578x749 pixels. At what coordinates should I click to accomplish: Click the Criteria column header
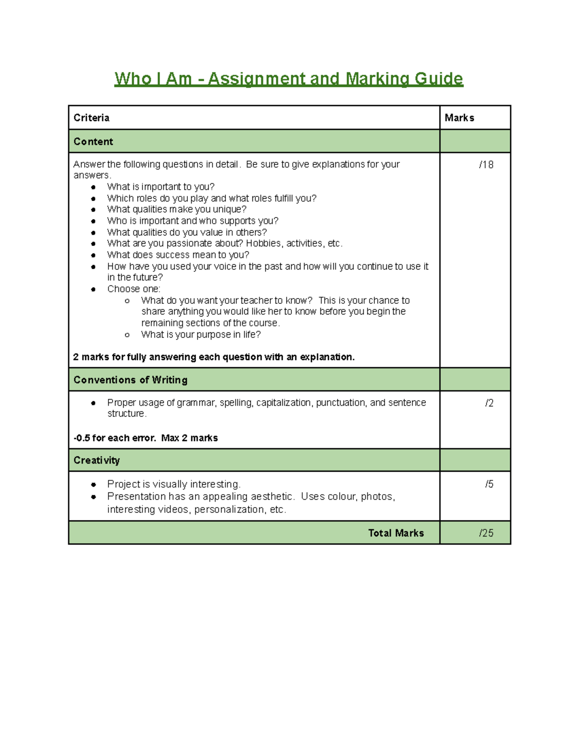[x=92, y=118]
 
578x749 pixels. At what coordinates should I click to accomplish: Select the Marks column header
[x=459, y=118]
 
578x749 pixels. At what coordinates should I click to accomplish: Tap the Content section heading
[x=93, y=142]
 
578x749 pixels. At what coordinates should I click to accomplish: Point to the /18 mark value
[x=486, y=165]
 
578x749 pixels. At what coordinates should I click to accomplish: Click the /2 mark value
[x=489, y=403]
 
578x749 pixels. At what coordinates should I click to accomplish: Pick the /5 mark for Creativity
[x=489, y=484]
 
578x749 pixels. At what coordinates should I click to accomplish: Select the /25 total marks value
[x=486, y=533]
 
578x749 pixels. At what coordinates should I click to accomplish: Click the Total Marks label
[x=396, y=533]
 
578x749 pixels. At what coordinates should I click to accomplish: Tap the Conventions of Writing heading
[x=131, y=380]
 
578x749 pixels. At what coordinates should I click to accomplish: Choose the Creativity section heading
[x=96, y=461]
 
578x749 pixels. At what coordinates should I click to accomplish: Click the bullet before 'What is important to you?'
[x=93, y=187]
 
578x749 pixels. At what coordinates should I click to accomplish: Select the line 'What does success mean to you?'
[x=178, y=255]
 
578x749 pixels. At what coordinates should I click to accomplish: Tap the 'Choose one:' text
[x=133, y=289]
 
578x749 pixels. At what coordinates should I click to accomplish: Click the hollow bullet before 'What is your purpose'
[x=127, y=335]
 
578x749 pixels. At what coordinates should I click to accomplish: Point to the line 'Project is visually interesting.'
[x=173, y=484]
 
